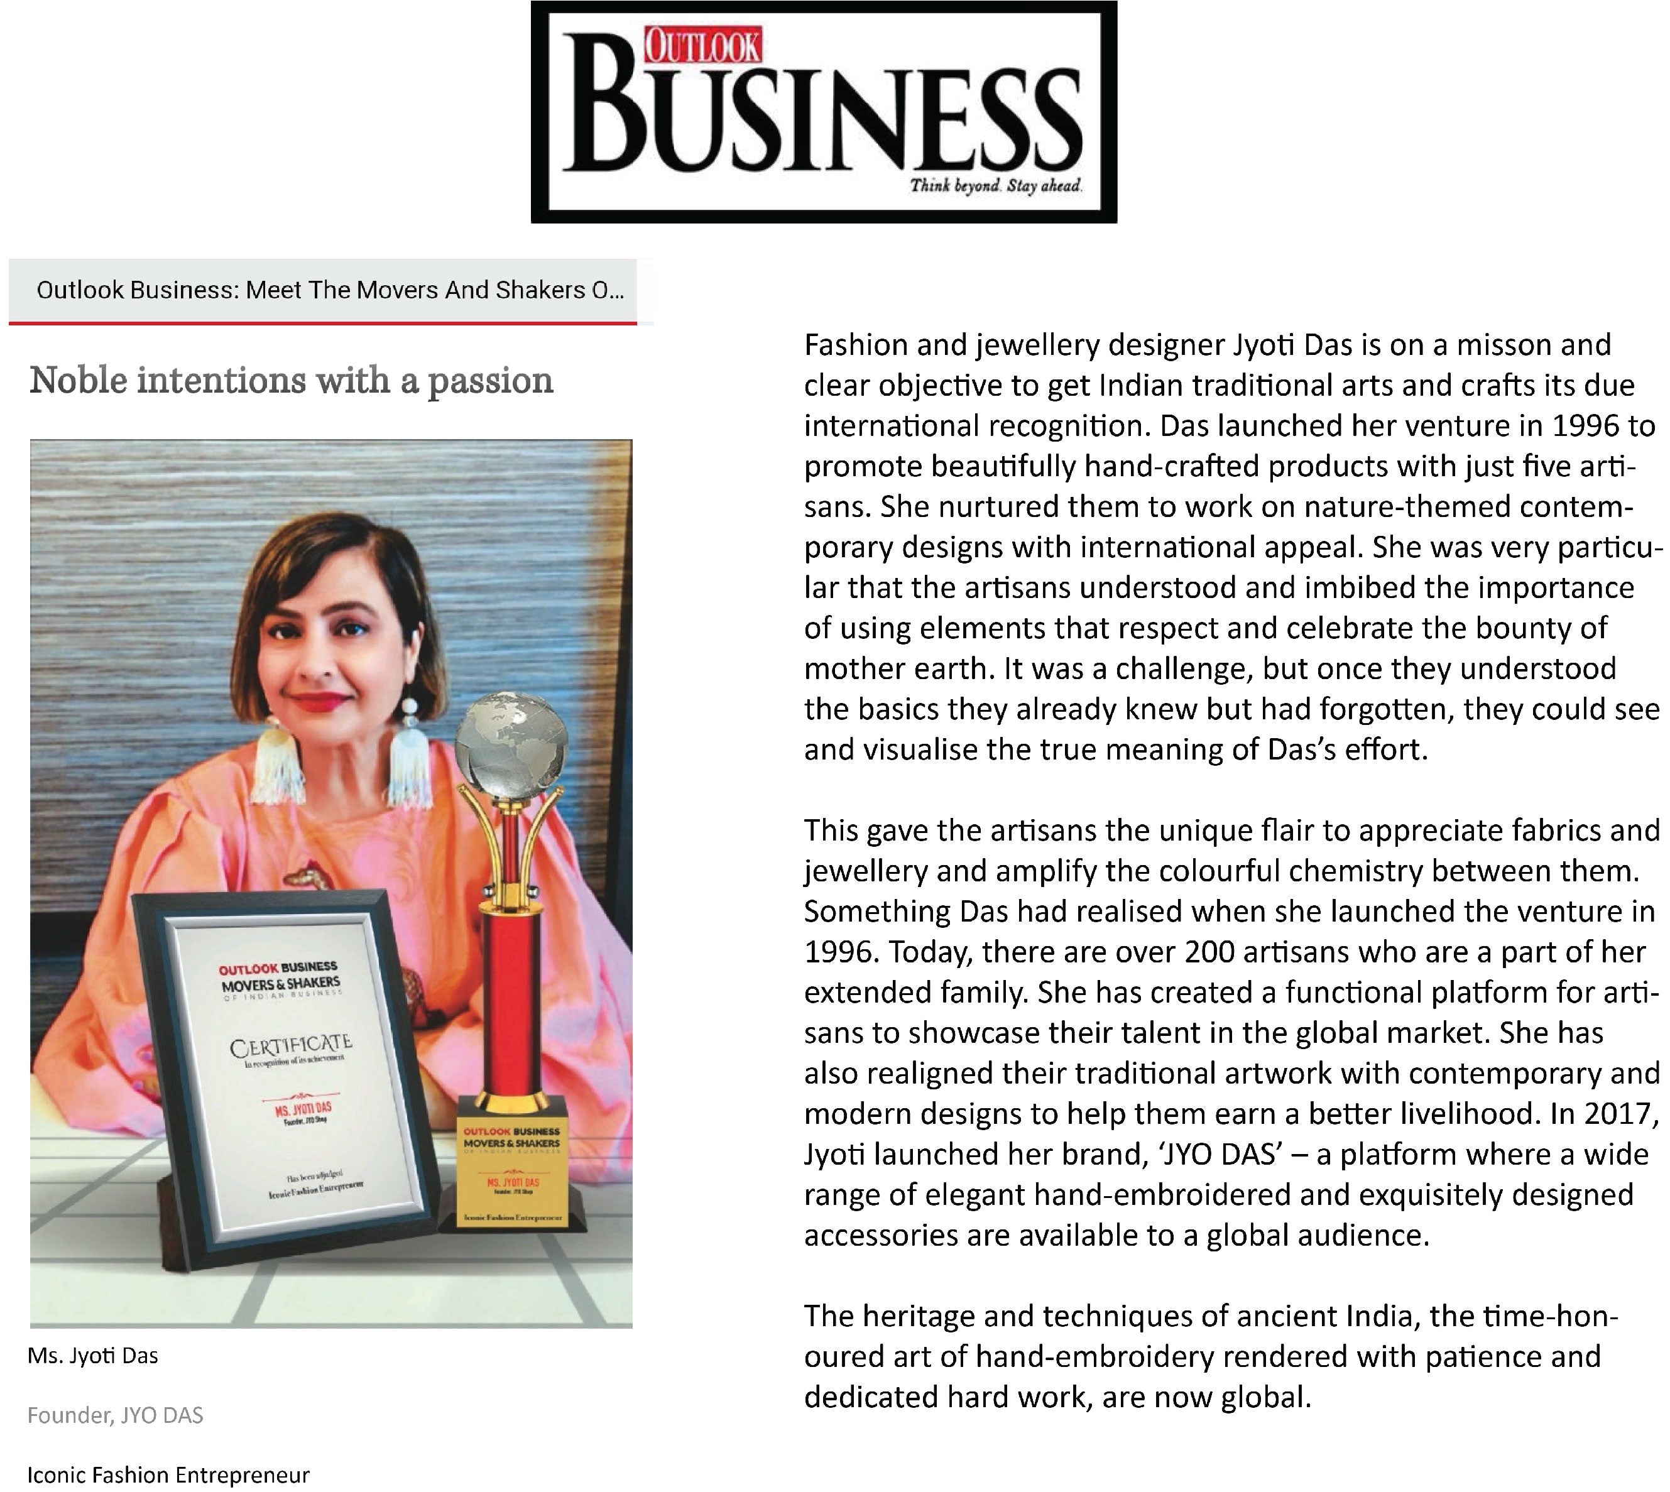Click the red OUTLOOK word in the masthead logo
click(x=702, y=46)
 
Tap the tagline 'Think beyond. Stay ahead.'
click(x=996, y=186)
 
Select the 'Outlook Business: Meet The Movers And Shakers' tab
click(x=330, y=290)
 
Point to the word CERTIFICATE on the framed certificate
click(x=291, y=1046)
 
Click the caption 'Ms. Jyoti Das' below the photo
click(x=92, y=1356)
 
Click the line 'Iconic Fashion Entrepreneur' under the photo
click(x=168, y=1476)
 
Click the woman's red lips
click(x=323, y=701)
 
